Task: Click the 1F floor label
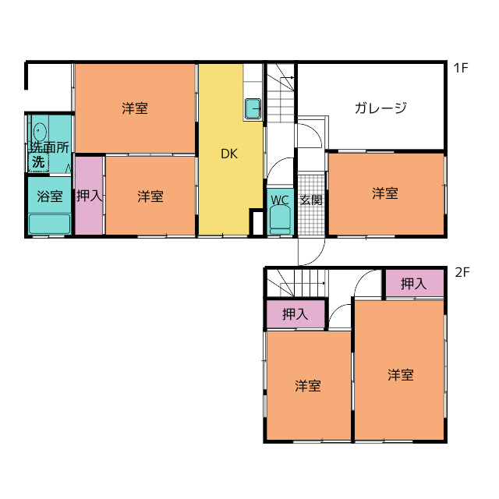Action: tap(460, 68)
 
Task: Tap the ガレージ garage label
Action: tap(380, 108)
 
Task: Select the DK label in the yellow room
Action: tap(228, 154)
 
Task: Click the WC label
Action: tap(280, 200)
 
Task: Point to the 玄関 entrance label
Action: tap(311, 200)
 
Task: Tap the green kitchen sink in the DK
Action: tap(253, 109)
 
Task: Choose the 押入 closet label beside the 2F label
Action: tap(414, 285)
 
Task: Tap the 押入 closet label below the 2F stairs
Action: tap(295, 315)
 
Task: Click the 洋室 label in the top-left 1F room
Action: tap(135, 108)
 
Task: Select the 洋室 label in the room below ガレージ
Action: tap(384, 193)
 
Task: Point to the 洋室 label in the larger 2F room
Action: tap(401, 375)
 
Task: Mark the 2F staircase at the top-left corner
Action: tap(296, 282)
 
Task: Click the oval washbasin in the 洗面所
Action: tap(41, 130)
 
